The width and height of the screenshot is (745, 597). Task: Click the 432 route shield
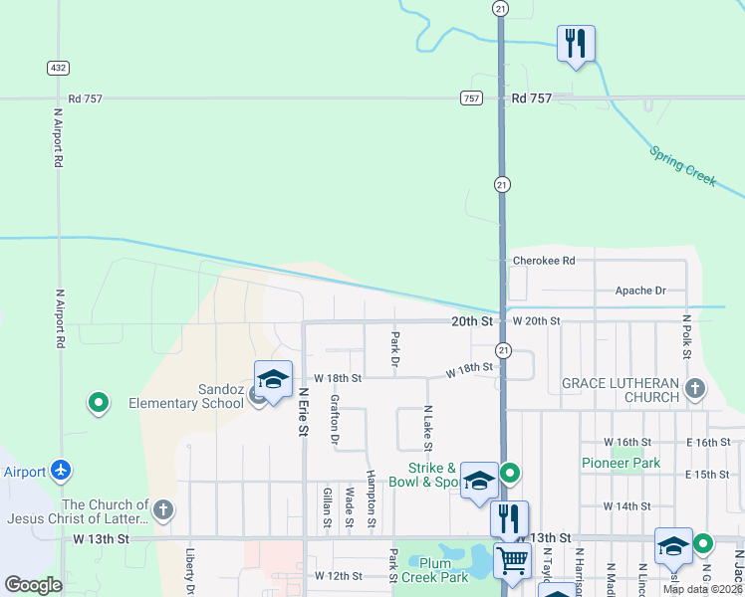(57, 67)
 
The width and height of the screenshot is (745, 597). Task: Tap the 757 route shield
(471, 99)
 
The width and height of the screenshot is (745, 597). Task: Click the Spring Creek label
(683, 166)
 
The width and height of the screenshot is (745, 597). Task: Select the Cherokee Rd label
(544, 261)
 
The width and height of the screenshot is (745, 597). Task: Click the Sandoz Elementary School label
(186, 396)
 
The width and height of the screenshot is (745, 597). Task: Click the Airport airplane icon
(62, 469)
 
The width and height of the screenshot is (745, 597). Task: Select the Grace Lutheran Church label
(620, 390)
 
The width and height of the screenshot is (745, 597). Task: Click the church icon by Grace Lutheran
(695, 388)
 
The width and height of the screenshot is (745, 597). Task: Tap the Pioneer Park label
(621, 463)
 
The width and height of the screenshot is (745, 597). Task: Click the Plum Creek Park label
(436, 570)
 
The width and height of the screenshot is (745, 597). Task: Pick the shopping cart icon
(512, 559)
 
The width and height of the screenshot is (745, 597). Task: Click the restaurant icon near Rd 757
(576, 43)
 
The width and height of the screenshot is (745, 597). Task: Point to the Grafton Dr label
(335, 419)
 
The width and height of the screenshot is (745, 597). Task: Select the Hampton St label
(371, 498)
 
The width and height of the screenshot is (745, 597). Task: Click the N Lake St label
(427, 425)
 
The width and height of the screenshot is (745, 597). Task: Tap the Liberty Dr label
(188, 565)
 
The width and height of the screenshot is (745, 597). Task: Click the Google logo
(33, 585)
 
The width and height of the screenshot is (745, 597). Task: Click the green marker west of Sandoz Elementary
(98, 404)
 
